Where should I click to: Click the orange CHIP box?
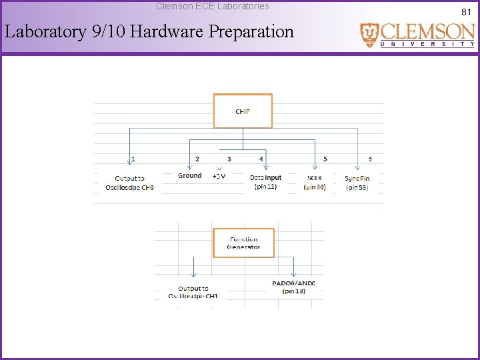point(243,111)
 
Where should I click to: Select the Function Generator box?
point(243,243)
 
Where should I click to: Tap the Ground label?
point(189,176)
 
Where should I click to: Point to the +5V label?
point(219,177)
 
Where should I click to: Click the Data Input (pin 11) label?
point(265,182)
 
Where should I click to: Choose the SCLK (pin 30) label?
point(315,183)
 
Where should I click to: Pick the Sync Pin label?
point(357,183)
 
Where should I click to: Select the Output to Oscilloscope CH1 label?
point(193,292)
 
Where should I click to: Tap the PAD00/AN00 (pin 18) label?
point(293,287)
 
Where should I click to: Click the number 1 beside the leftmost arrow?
point(133,159)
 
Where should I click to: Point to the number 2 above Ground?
point(197,159)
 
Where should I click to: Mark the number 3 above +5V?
point(229,159)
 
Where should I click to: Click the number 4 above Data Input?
point(261,159)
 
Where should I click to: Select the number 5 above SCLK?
point(325,159)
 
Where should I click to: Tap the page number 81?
point(466,11)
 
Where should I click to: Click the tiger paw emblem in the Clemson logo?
point(369,34)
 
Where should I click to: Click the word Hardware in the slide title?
point(169,31)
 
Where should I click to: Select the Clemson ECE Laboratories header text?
point(213,6)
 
